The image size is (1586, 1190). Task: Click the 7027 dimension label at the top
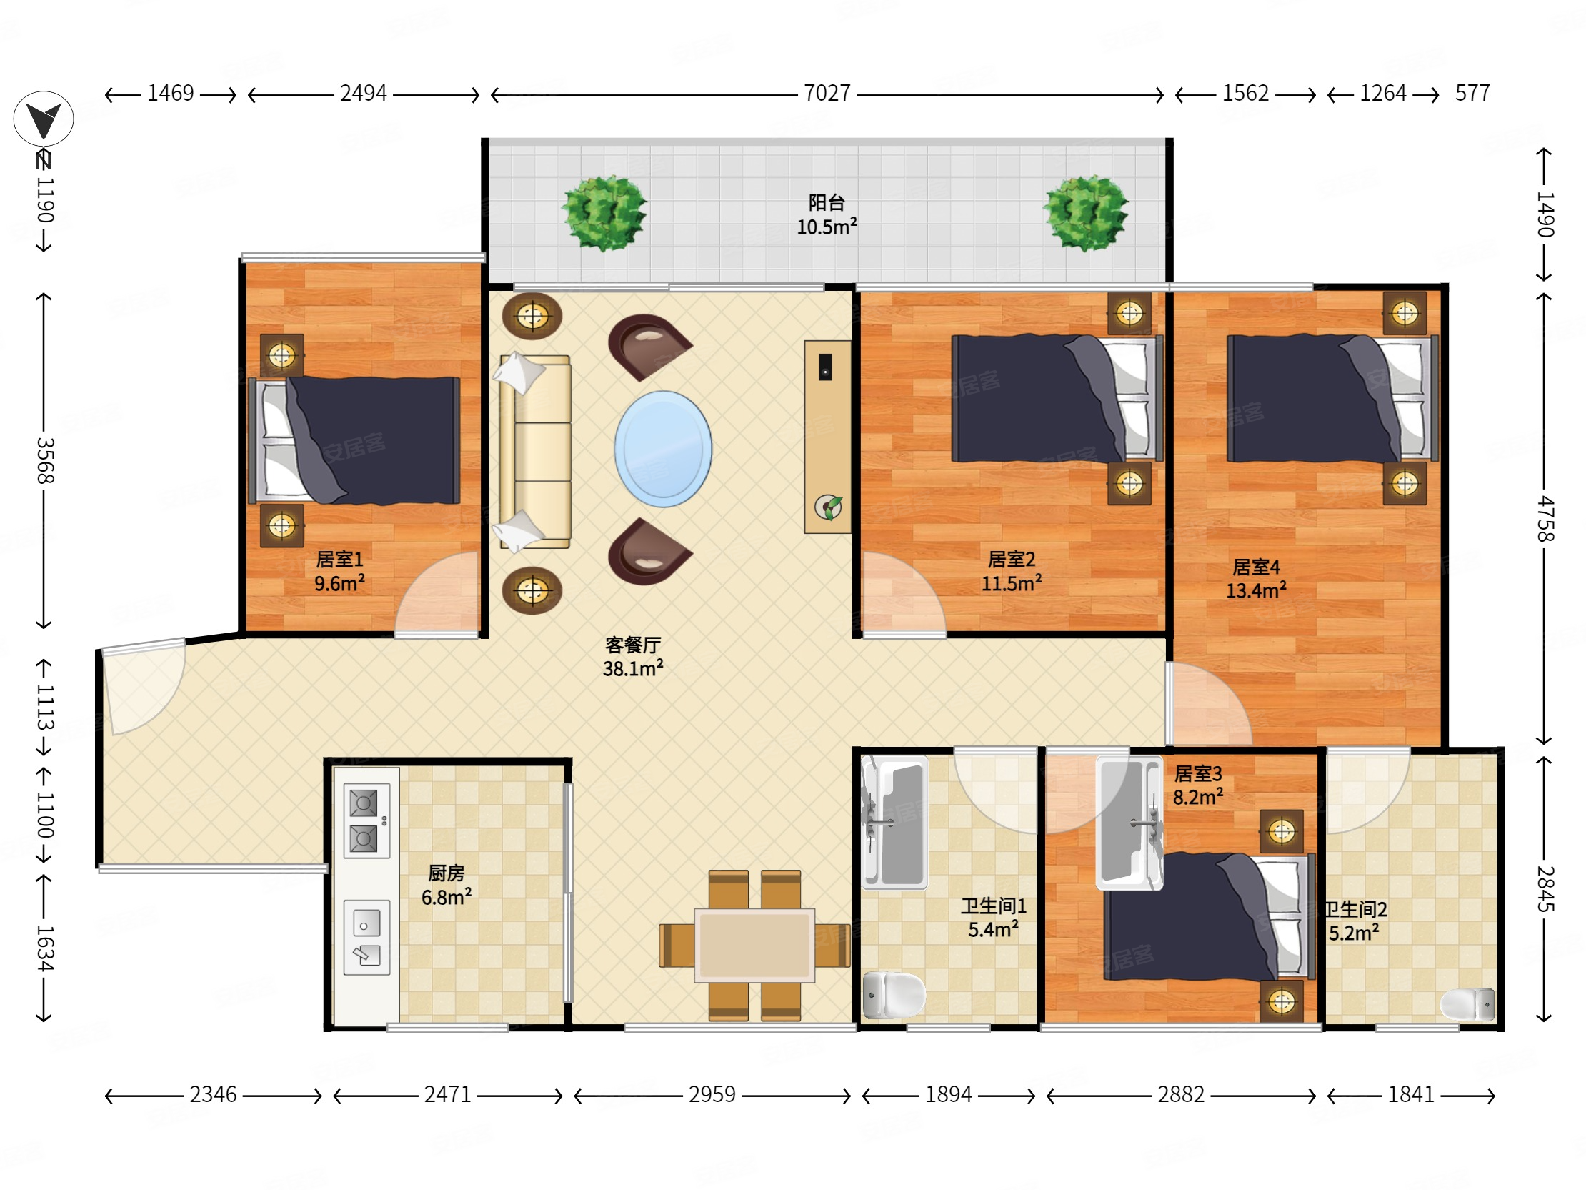pos(827,93)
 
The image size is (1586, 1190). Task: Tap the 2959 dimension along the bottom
pos(712,1095)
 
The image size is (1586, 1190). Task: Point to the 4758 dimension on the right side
pos(1545,519)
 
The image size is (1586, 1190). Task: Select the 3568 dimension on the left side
pos(44,460)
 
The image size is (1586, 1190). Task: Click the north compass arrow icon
pos(43,119)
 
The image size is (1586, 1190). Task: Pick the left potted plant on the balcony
pos(604,212)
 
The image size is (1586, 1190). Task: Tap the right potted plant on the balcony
pos(1086,212)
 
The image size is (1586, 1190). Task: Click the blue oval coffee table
pos(663,449)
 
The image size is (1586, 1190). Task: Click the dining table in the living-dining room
pos(754,946)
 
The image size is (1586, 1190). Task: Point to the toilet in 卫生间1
pos(894,995)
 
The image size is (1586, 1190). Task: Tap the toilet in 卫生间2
pos(1467,1003)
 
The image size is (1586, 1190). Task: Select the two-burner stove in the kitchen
pos(366,820)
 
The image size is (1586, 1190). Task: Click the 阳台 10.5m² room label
pos(827,214)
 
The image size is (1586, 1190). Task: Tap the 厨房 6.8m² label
pos(446,885)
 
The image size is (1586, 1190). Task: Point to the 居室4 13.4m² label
pos(1255,579)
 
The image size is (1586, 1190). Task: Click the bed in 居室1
pos(354,440)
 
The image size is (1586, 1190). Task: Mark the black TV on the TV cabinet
pos(825,367)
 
